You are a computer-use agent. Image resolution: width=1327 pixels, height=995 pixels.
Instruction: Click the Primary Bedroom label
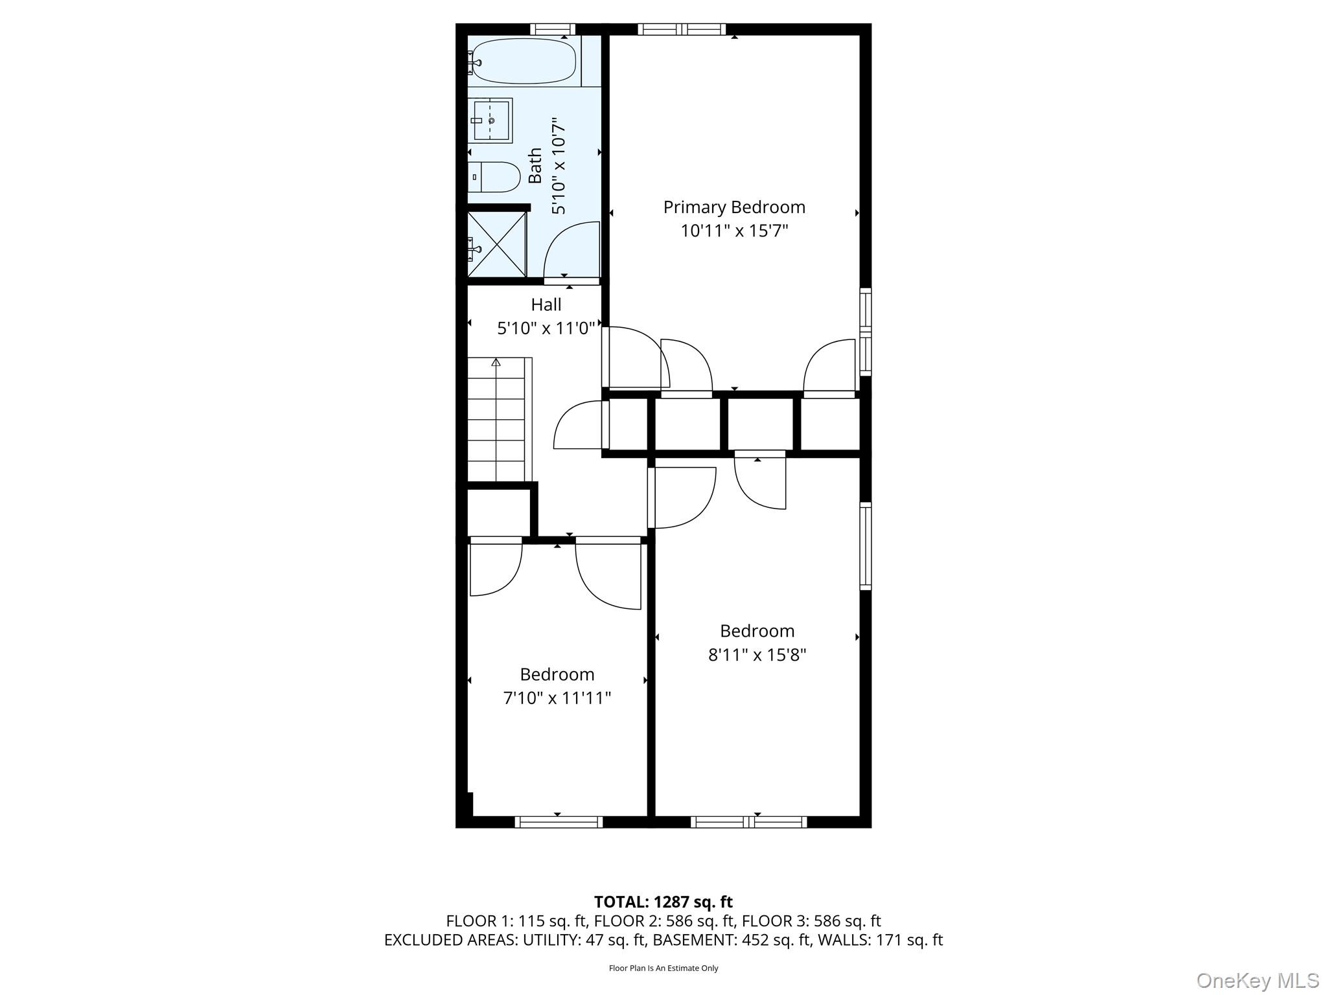[733, 207]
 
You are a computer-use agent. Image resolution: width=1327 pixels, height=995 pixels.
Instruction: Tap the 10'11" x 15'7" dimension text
[733, 231]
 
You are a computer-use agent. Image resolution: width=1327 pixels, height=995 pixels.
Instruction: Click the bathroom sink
[490, 120]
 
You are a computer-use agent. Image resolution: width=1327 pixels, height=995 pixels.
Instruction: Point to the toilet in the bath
[494, 177]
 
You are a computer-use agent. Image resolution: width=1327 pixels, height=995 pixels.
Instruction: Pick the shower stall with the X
[497, 245]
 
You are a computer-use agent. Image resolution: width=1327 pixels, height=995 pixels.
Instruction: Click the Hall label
[546, 304]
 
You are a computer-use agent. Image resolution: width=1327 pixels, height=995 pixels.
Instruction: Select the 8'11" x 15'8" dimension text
[757, 655]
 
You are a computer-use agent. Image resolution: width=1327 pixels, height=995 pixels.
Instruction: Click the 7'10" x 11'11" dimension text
[557, 698]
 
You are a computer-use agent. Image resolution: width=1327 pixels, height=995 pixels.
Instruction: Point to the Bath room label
[535, 166]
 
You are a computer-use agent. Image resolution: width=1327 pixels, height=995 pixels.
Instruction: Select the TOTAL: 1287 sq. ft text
[663, 902]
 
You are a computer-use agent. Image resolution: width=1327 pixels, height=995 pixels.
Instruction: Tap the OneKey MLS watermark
[1257, 981]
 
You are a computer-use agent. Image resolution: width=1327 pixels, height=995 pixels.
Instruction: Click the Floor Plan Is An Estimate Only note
[663, 968]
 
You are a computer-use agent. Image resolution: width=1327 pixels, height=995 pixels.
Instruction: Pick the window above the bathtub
[553, 29]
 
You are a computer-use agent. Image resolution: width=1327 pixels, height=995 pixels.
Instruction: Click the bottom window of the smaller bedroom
[559, 822]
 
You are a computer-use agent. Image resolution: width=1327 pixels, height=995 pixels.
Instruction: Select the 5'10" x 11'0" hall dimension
[546, 328]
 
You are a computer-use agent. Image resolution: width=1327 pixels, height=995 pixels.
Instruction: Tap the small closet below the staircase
[498, 512]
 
